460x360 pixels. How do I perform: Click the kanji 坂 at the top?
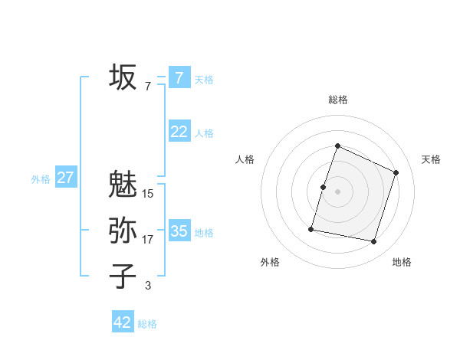[x=123, y=77]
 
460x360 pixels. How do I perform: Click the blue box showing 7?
[x=179, y=77]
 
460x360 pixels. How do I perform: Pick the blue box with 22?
[x=179, y=132]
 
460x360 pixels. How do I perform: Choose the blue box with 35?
[x=179, y=231]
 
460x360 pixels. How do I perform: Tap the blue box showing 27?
[x=65, y=178]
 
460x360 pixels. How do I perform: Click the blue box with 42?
[x=123, y=322]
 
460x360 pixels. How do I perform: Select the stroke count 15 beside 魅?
[x=148, y=194]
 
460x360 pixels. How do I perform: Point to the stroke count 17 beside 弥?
[x=148, y=240]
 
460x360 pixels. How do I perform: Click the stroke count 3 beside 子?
[x=148, y=286]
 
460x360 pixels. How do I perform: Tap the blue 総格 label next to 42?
[x=147, y=324]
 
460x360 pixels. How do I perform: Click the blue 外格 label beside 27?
[x=41, y=179]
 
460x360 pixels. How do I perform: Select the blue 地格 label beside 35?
[x=205, y=233]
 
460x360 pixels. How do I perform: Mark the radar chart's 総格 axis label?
[x=337, y=100]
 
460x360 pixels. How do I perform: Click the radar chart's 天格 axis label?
[x=432, y=159]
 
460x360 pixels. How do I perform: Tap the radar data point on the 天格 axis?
[x=396, y=172]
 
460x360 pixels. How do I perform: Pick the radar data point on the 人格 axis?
[x=324, y=187]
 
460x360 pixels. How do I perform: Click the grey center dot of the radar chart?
[x=337, y=191]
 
